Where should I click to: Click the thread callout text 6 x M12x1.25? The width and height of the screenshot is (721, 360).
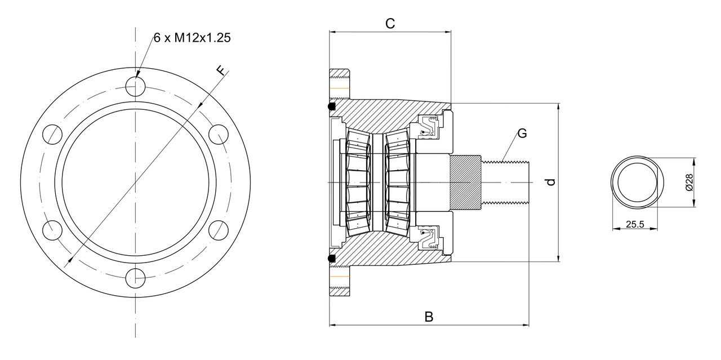[192, 38]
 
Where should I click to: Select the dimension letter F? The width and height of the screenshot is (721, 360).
[222, 70]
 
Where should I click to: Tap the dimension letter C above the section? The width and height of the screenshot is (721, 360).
[390, 23]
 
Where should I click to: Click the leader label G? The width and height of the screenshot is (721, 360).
[522, 134]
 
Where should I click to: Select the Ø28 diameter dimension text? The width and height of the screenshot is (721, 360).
[688, 183]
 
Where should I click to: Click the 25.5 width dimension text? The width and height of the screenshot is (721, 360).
[635, 224]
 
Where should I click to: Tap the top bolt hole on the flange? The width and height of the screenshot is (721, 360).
[135, 86]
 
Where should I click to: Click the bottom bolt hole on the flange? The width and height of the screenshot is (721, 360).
[135, 278]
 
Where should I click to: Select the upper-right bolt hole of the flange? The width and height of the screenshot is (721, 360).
[218, 135]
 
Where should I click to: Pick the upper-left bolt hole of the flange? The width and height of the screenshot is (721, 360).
[52, 135]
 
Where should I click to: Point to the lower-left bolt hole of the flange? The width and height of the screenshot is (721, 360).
[52, 230]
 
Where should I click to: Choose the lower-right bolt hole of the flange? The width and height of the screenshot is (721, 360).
[218, 230]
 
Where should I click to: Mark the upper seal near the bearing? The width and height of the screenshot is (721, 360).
[430, 127]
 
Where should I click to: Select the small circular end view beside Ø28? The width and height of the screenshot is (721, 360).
[635, 183]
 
